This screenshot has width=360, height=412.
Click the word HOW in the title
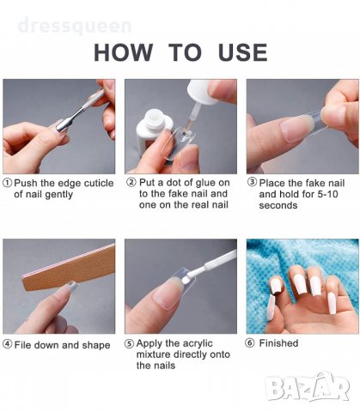point(123,52)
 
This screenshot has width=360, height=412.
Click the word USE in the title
point(243,52)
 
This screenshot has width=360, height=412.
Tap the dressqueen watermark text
point(75,26)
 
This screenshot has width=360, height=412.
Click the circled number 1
point(8,183)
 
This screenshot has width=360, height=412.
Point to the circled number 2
point(131,182)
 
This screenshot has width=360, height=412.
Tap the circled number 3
point(252,182)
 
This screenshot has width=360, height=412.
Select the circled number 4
point(8,344)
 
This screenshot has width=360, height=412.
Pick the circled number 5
point(130,343)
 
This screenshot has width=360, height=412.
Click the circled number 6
point(250,342)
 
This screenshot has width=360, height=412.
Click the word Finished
point(278,342)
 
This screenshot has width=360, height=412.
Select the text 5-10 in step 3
point(327,194)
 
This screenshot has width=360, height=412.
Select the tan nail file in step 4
point(69,267)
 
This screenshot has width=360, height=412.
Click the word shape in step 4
point(96,345)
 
